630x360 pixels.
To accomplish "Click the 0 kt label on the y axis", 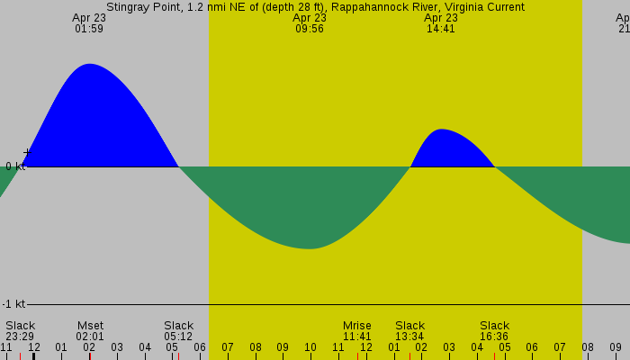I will coord(14,166).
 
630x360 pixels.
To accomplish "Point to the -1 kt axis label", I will coord(13,304).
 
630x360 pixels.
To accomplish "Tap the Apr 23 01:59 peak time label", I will coord(89,23).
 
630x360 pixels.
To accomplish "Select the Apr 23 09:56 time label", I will coord(310,23).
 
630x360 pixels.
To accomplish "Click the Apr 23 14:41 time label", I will coord(441,23).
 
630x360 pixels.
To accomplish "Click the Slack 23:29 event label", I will coord(20,331).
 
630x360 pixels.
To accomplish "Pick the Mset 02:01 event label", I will coord(90,331).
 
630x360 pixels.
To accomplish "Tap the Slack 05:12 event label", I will coord(178,331).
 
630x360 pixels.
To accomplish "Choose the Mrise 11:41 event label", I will coord(356,331).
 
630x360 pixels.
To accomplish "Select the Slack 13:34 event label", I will coord(409,331).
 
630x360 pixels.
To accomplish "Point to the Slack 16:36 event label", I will coord(494,331).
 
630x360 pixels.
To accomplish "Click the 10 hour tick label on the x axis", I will coord(310,347).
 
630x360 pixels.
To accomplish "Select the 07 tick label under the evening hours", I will coord(559,347).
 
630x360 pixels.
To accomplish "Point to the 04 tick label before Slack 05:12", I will coord(144,347).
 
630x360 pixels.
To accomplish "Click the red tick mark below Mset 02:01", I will coord(90,355).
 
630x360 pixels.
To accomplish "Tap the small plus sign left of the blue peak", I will coord(26,153).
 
